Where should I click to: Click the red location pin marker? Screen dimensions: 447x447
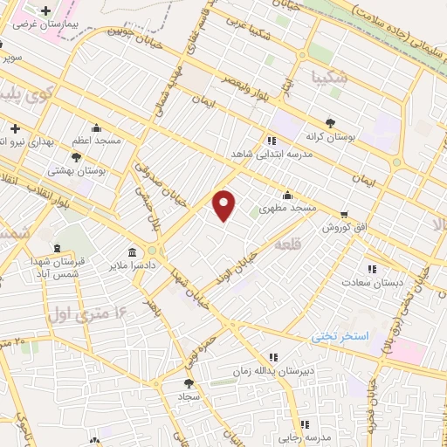[224, 204]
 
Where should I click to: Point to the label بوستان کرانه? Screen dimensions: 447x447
[328, 136]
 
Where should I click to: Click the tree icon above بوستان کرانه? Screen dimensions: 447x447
[328, 123]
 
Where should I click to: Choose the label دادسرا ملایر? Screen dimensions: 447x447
[130, 263]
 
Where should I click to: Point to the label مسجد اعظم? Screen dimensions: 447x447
[96, 140]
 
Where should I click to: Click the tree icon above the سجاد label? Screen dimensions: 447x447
[189, 382]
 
